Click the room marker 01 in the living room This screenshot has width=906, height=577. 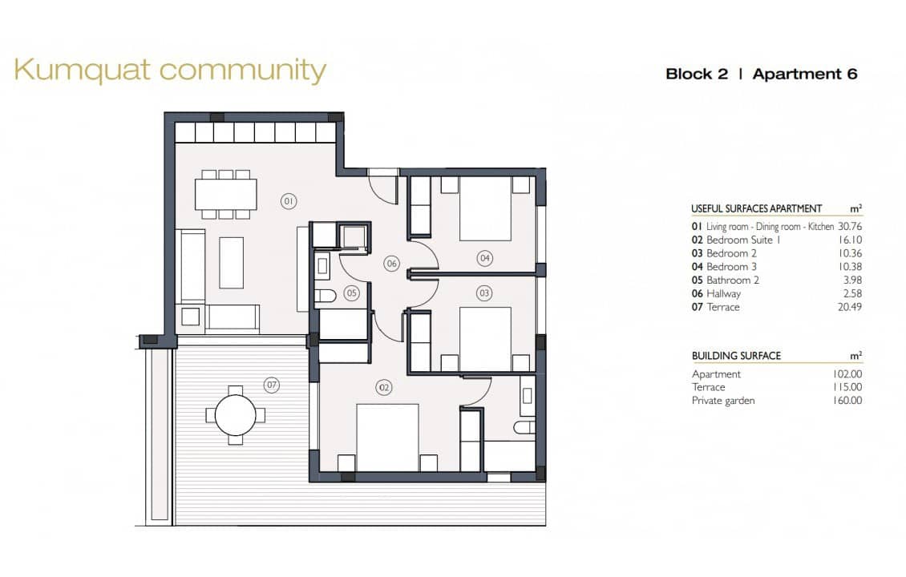tap(289, 201)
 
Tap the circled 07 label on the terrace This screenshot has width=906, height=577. tap(272, 385)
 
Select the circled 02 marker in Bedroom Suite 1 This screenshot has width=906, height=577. tap(384, 388)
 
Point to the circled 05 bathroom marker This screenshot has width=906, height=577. tap(351, 293)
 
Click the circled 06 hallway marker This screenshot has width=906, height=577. tap(391, 263)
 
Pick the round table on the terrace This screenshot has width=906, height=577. tap(236, 415)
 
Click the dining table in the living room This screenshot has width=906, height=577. tap(226, 193)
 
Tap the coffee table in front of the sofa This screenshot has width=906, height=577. tap(231, 262)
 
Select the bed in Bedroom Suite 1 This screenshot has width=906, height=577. tap(387, 437)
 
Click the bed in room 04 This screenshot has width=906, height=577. tap(485, 208)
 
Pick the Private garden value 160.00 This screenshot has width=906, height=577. tap(847, 401)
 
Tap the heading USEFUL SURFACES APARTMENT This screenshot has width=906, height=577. tap(756, 208)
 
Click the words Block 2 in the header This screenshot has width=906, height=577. tap(696, 74)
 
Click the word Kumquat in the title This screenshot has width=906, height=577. tap(82, 71)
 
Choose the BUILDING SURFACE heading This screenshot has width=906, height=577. tap(736, 356)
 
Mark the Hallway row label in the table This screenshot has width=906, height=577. tap(724, 293)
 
